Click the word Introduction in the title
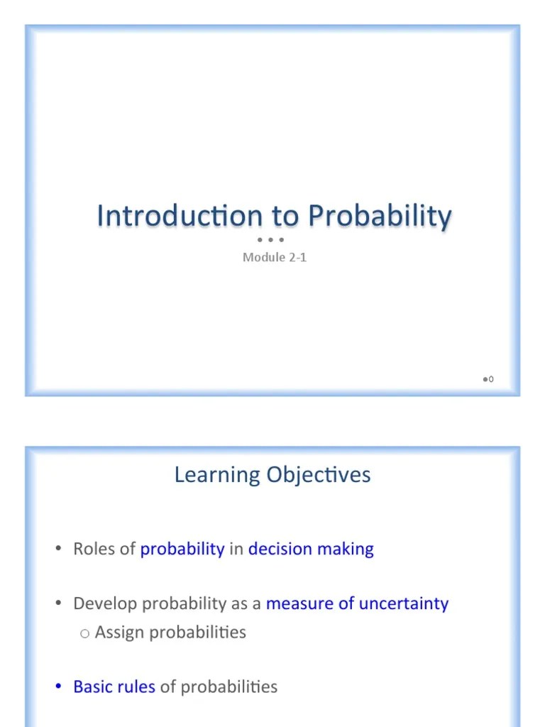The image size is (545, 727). pyautogui.click(x=180, y=216)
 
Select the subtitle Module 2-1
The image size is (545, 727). pyautogui.click(x=275, y=257)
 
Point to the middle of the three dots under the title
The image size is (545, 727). pyautogui.click(x=271, y=240)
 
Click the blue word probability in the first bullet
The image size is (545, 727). pyautogui.click(x=182, y=550)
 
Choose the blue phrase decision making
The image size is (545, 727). pyautogui.click(x=311, y=550)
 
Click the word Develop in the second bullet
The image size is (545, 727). pyautogui.click(x=105, y=604)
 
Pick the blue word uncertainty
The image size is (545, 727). pyautogui.click(x=404, y=604)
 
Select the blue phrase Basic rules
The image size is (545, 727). pyautogui.click(x=114, y=687)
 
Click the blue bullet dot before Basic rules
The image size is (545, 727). pyautogui.click(x=59, y=687)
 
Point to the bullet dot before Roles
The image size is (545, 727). pyautogui.click(x=59, y=550)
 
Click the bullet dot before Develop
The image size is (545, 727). pyautogui.click(x=59, y=604)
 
